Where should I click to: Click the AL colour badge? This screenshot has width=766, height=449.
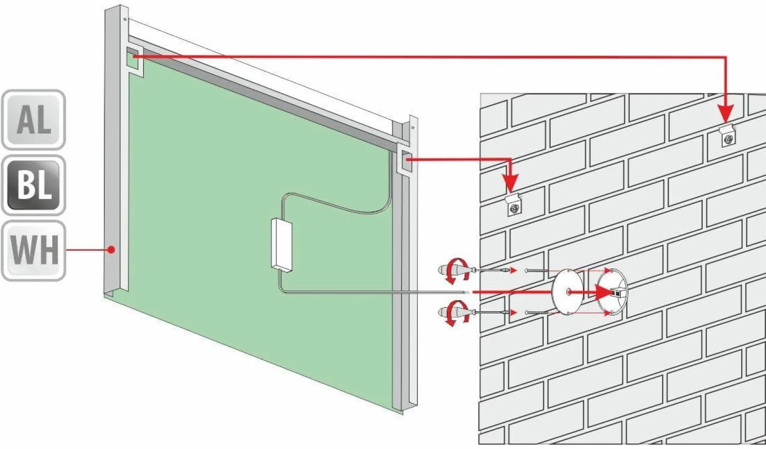pyautogui.click(x=33, y=120)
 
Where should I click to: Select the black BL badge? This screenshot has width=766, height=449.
pyautogui.click(x=33, y=185)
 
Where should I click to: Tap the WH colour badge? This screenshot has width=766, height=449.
pyautogui.click(x=33, y=251)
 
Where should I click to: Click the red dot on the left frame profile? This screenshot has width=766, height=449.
pyautogui.click(x=111, y=250)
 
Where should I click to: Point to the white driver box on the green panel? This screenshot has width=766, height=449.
pyautogui.click(x=282, y=246)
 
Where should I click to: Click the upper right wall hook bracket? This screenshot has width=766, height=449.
pyautogui.click(x=727, y=136)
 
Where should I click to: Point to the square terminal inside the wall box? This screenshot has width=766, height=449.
pyautogui.click(x=618, y=292)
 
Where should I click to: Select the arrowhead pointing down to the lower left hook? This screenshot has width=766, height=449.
pyautogui.click(x=510, y=183)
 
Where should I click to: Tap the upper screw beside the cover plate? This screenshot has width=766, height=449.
pyautogui.click(x=536, y=270)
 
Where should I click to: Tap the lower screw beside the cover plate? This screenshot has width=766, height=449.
pyautogui.click(x=536, y=312)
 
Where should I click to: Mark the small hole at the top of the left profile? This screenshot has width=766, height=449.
pyautogui.click(x=125, y=19)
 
